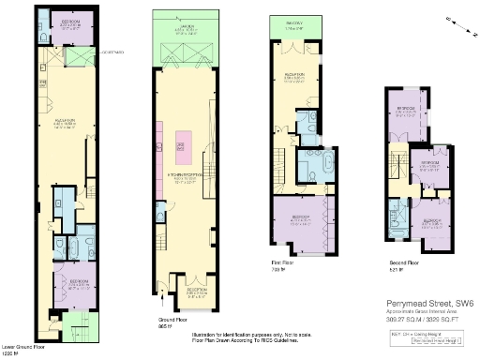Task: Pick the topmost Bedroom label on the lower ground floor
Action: (x=70, y=22)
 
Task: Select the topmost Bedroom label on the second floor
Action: (x=407, y=110)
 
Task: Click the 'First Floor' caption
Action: (x=282, y=263)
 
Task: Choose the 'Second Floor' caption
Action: (x=404, y=263)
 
